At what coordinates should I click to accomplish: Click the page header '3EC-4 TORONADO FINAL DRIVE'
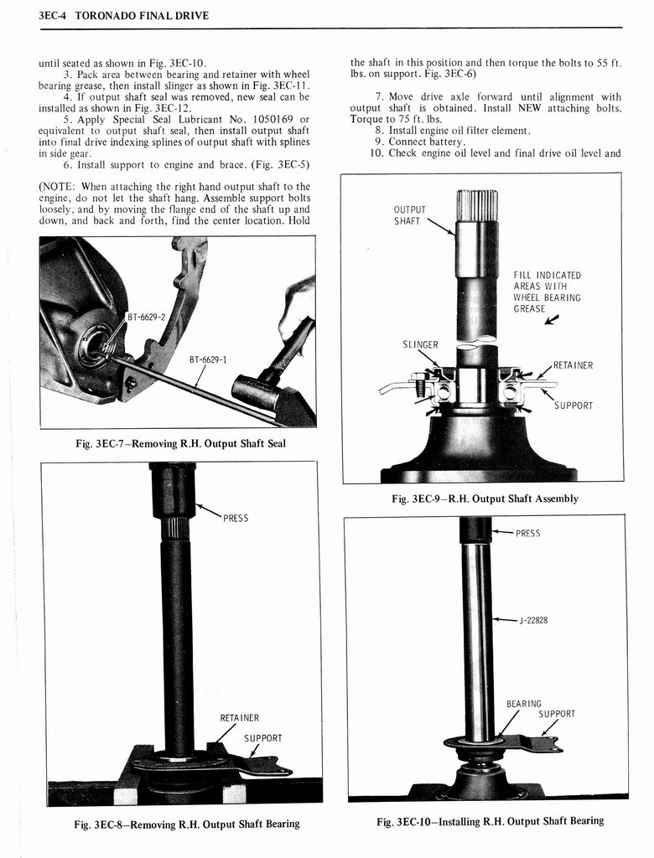[124, 15]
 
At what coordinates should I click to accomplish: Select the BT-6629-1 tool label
[208, 359]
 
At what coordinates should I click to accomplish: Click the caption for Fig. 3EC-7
[180, 443]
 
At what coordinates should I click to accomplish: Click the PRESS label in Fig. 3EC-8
[236, 518]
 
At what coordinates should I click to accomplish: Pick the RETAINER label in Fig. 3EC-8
[239, 717]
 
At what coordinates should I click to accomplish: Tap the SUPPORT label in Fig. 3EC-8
[262, 738]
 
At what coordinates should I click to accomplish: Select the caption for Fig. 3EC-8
[186, 824]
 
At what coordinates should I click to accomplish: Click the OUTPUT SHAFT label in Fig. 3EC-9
[410, 215]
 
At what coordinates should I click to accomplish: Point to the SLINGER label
[421, 344]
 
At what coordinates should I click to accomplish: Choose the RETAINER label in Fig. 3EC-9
[573, 365]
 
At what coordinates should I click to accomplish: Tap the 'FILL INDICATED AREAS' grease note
[547, 292]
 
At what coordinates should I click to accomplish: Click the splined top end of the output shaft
[476, 204]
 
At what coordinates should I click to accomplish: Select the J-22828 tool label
[533, 620]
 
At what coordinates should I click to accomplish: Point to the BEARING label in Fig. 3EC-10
[524, 704]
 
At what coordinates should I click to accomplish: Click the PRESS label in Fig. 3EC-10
[527, 533]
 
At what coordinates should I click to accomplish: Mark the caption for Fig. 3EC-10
[490, 820]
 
